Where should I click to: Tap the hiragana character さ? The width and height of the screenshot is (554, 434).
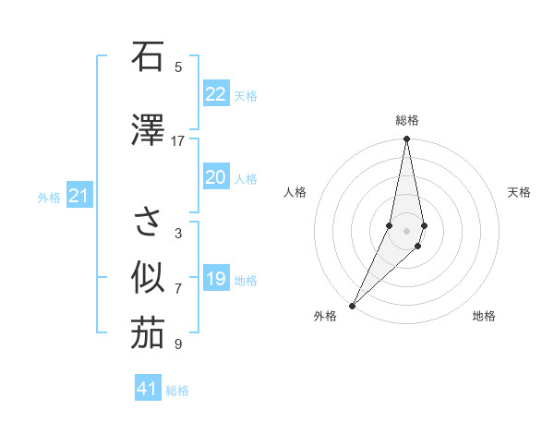(x=148, y=222)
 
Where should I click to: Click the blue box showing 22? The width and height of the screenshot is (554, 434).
(x=216, y=94)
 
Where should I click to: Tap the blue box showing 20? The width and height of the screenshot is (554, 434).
(x=216, y=177)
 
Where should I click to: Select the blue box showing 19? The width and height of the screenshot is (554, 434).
(x=216, y=279)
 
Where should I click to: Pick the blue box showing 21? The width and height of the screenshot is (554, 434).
(x=78, y=196)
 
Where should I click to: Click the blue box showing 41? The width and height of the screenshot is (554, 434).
(x=148, y=389)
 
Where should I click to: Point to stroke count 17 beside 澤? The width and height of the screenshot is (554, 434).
(x=178, y=140)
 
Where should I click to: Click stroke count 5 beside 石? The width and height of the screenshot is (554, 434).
(x=178, y=66)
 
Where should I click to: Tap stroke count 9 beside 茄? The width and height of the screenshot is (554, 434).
(x=178, y=344)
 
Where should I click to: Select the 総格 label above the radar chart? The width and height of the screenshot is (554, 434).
(x=407, y=120)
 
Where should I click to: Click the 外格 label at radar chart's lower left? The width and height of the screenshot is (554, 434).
(x=325, y=316)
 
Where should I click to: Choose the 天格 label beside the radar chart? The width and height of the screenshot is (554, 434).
(x=520, y=192)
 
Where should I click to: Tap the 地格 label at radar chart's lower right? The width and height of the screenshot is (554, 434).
(x=484, y=316)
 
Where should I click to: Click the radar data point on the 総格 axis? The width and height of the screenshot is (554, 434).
(x=407, y=139)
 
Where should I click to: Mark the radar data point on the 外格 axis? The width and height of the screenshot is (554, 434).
(x=352, y=305)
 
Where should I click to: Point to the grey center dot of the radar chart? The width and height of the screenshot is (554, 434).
(x=407, y=230)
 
